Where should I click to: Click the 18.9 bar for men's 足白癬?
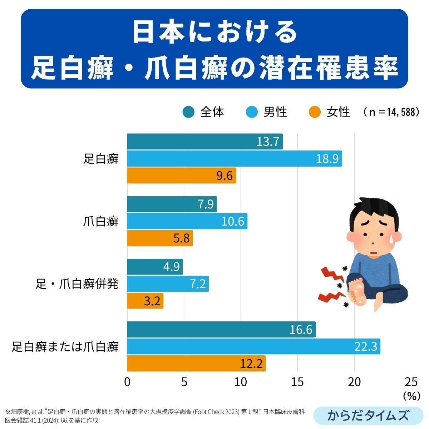[x=234, y=158]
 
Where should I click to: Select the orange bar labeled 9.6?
[x=181, y=176]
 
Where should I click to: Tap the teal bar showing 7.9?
[x=172, y=204]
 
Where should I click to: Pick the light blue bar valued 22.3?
[x=253, y=346]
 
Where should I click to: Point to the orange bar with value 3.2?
[x=145, y=301]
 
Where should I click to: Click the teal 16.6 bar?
[x=221, y=329]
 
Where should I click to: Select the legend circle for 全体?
[x=188, y=112]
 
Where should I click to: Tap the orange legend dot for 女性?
[x=315, y=112]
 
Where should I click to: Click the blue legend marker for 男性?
[x=252, y=112]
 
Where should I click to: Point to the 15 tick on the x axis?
[x=297, y=382]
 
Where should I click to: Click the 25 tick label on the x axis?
[x=411, y=382]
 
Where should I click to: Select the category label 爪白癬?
[x=100, y=222]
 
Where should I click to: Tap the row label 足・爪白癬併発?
[x=77, y=284]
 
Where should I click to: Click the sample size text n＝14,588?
[x=391, y=112]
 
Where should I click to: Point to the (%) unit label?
[x=411, y=396]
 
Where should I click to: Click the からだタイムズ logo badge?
[x=368, y=415]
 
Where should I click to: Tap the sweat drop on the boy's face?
[x=396, y=237]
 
